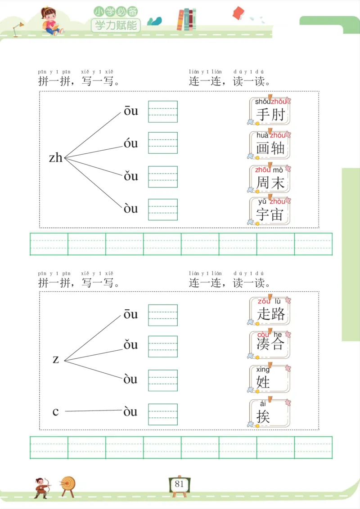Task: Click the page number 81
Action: coord(180,484)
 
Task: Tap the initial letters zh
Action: coord(56,158)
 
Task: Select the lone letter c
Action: coord(55,411)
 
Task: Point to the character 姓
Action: coord(263,382)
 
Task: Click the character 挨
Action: coord(263,416)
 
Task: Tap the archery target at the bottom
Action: coord(68,485)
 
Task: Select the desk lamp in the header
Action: coord(18,28)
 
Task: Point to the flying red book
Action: coord(238,13)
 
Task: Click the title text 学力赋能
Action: coord(116,25)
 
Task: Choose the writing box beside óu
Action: coord(163,143)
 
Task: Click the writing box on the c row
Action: coord(163,414)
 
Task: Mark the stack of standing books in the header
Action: coord(187,20)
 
